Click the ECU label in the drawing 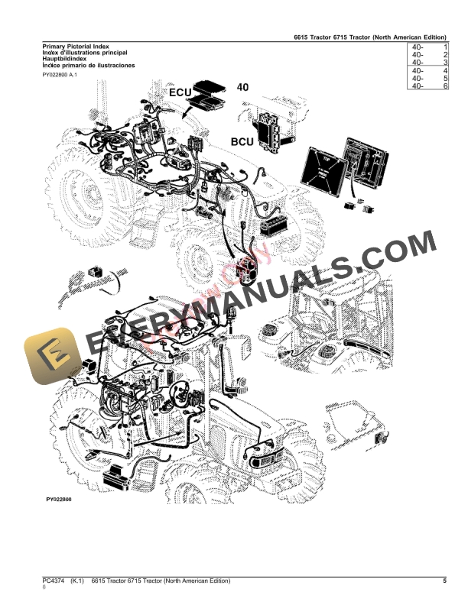click(x=180, y=92)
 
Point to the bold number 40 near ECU click(x=242, y=88)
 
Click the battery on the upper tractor click(x=273, y=225)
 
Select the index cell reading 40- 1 click(x=428, y=47)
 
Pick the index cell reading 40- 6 click(x=428, y=86)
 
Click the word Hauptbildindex click(x=65, y=59)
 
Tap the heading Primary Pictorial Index click(x=76, y=47)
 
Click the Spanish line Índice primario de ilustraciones click(x=89, y=66)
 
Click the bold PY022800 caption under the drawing click(x=58, y=499)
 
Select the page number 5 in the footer click(x=444, y=581)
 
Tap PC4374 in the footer click(x=55, y=581)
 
